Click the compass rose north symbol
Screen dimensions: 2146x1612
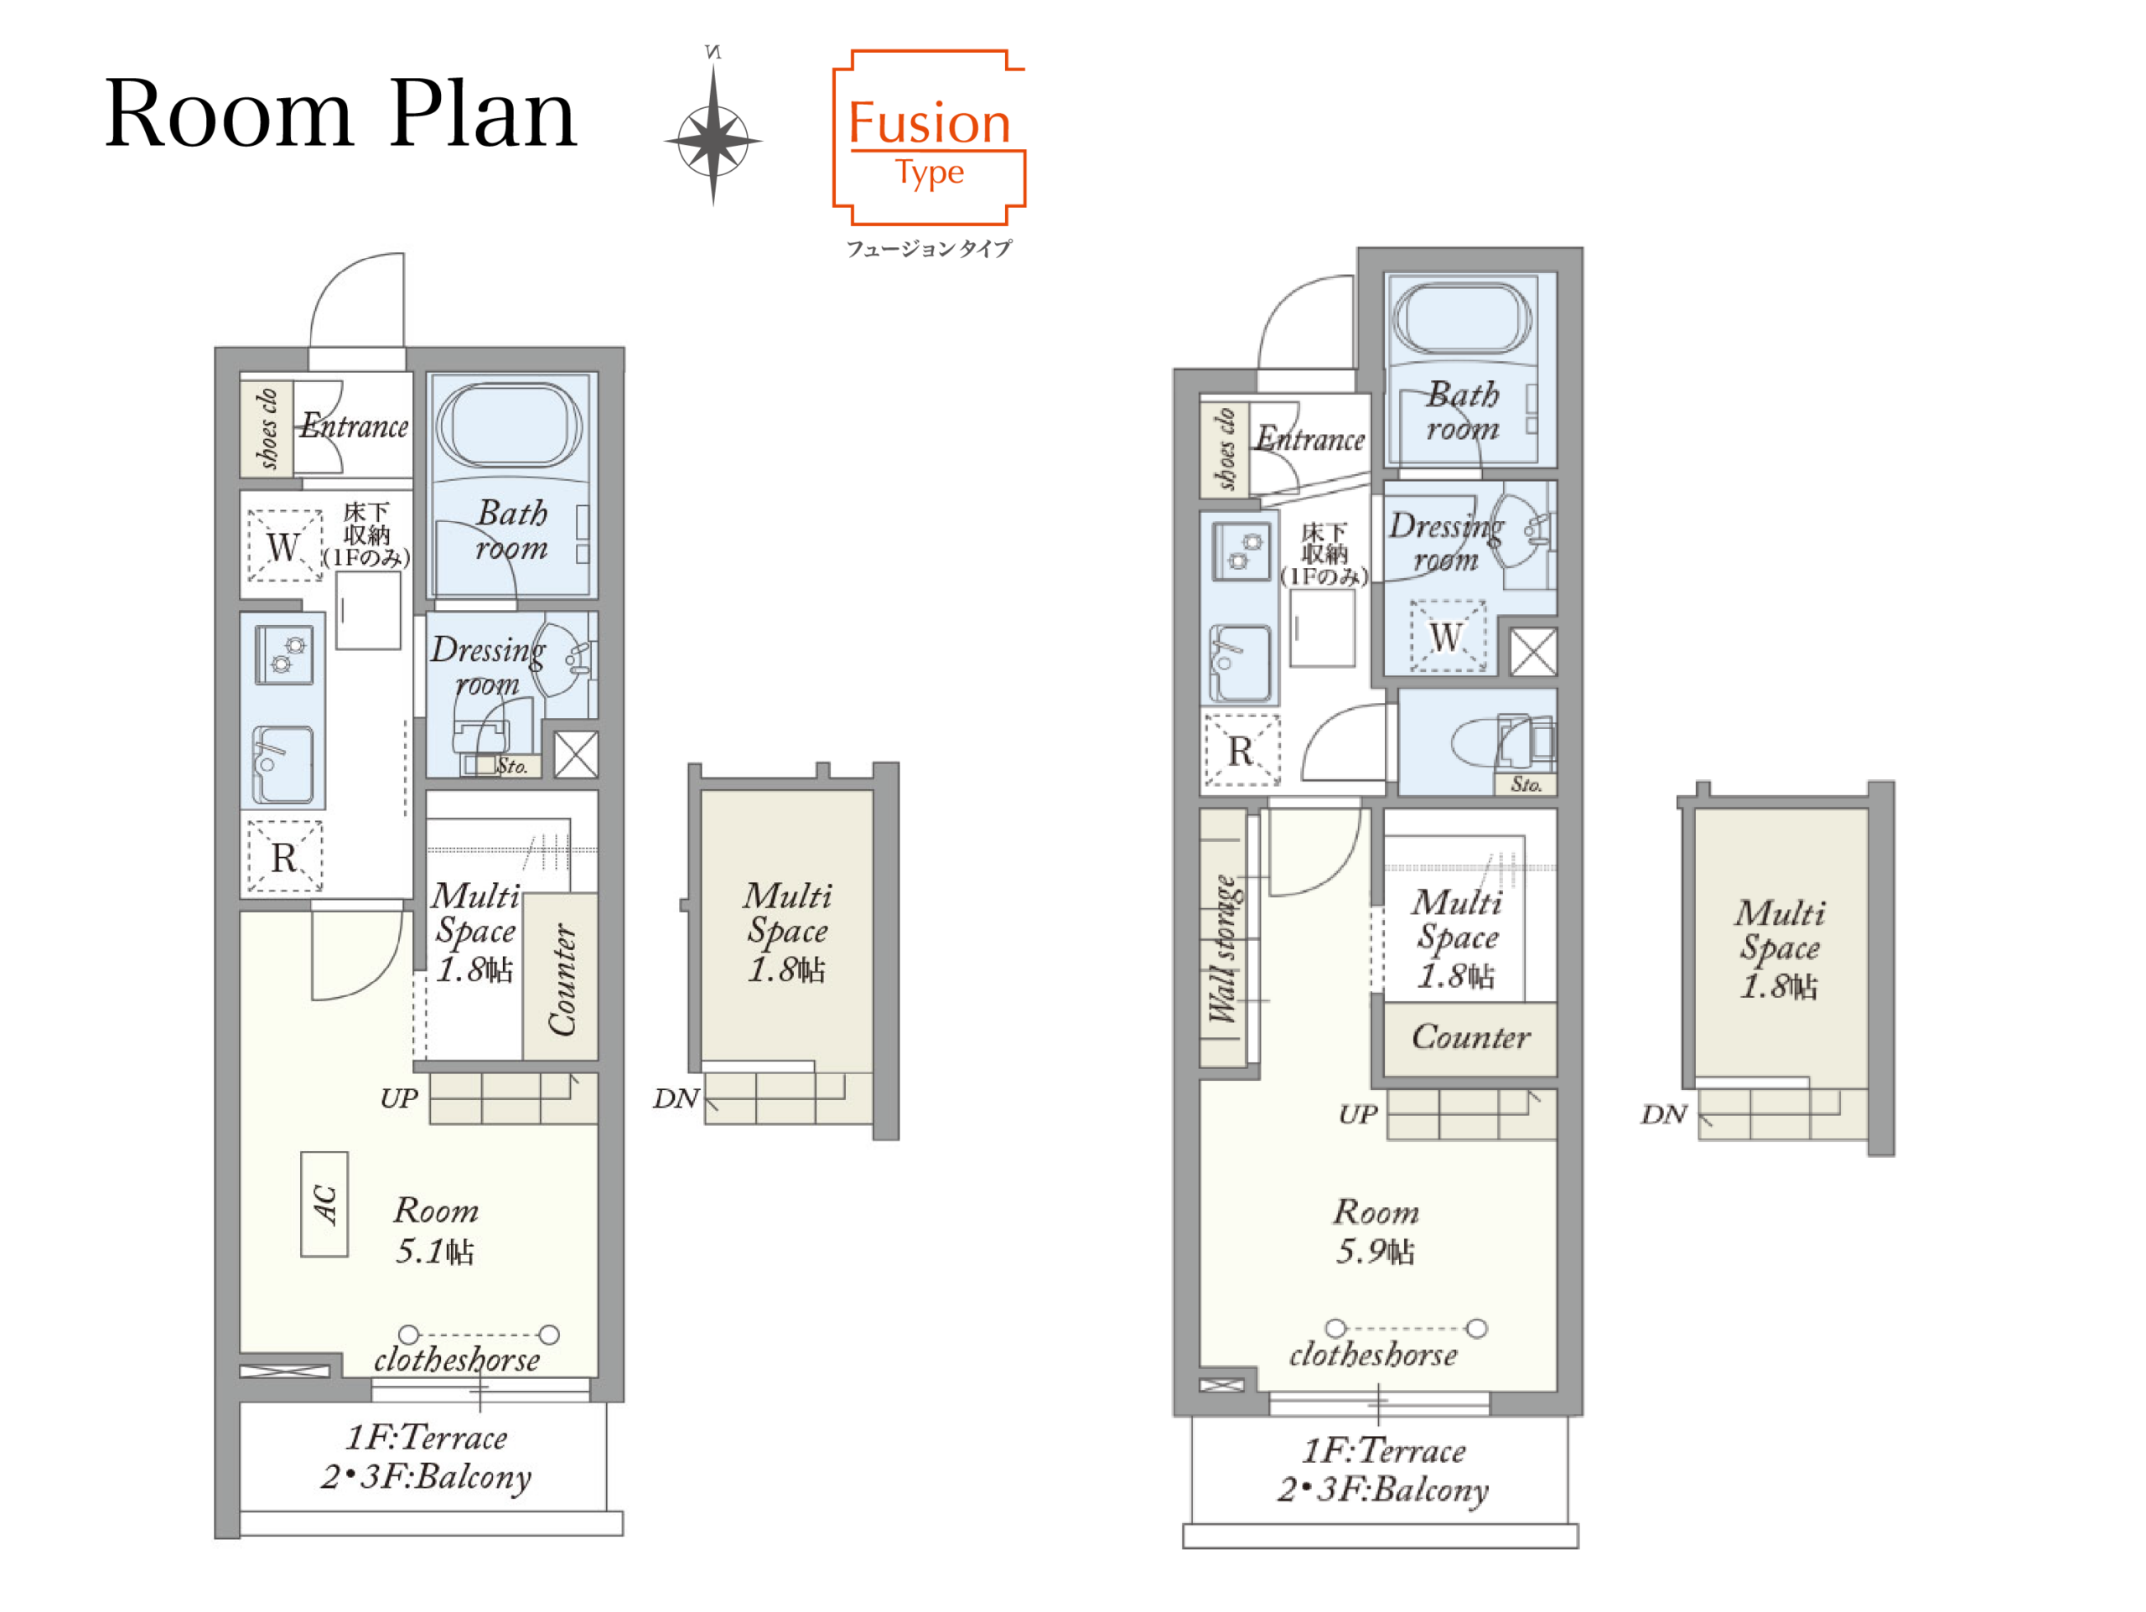tap(713, 126)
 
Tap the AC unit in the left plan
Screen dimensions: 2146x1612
tap(324, 1205)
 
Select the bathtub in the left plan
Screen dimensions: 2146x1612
tap(510, 426)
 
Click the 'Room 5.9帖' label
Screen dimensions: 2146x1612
tap(1376, 1232)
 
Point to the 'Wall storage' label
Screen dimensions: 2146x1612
tap(1223, 949)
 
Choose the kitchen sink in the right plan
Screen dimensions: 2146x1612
tap(1241, 664)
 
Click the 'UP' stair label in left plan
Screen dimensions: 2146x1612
tap(399, 1099)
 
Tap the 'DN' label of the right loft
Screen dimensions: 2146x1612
tap(1664, 1114)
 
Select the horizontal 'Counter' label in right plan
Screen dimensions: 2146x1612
tap(1471, 1038)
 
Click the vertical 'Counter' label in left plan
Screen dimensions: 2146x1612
tap(562, 979)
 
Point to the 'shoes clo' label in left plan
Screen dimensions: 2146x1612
tap(267, 428)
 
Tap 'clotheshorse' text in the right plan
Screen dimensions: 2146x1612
tap(1373, 1355)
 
